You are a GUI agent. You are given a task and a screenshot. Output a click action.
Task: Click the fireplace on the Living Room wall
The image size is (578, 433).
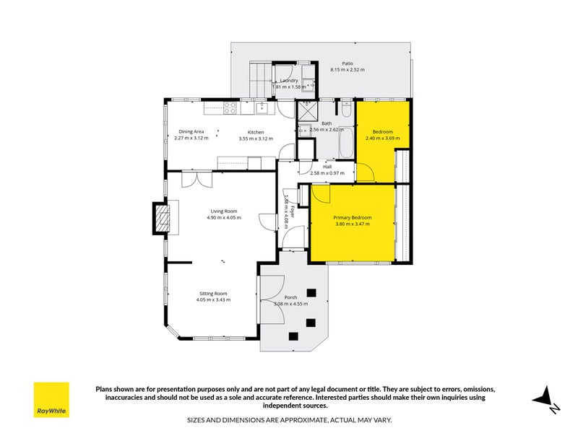click(160, 218)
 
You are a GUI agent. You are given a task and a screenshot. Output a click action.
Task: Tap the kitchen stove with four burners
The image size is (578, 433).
click(230, 109)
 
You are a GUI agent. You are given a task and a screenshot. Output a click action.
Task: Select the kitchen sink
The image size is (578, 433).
click(262, 109)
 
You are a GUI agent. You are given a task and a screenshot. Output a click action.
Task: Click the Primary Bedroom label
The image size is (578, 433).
click(353, 217)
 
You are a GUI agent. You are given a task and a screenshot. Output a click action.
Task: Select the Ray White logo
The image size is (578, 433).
click(51, 400)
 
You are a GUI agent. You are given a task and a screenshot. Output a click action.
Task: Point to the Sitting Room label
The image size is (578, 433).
click(213, 293)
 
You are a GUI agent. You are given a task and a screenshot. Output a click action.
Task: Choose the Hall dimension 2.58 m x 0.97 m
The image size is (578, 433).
click(327, 173)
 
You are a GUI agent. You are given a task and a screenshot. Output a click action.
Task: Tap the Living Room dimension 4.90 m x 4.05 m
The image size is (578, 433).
click(222, 217)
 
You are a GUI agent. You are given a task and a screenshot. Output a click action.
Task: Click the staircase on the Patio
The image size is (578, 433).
click(258, 76)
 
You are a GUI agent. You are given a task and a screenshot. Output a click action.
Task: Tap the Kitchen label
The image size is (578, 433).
click(256, 131)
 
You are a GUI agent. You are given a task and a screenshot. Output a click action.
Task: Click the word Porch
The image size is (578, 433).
click(290, 297)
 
